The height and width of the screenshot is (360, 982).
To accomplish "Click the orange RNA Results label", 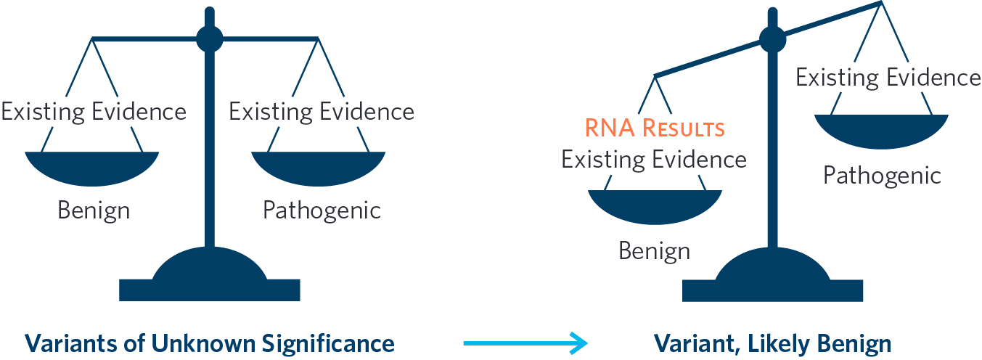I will (654, 129).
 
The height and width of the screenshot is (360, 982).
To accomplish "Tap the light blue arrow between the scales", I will (524, 343).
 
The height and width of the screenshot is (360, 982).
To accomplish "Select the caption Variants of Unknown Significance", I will (210, 343).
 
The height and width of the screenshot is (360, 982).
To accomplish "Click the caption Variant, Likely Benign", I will (772, 343).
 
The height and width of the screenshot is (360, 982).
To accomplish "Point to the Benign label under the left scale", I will (94, 211).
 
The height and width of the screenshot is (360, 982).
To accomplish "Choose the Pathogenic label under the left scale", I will (322, 211).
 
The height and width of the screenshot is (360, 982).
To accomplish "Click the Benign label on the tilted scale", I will (654, 250).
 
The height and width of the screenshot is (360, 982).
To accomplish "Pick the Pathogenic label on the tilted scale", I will (882, 175).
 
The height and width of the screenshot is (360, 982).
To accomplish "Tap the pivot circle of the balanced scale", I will (209, 38).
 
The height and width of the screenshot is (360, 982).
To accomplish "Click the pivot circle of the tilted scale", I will (772, 39).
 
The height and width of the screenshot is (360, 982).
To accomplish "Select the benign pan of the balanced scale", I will (92, 166).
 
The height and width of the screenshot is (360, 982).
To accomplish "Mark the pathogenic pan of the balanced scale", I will (319, 166).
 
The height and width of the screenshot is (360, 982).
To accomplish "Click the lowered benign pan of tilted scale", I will (654, 205).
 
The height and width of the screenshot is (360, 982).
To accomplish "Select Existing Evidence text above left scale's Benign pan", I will (94, 112).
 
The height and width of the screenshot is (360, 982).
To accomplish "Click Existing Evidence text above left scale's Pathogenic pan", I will (322, 112).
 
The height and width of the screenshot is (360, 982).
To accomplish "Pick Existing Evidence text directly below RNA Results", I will (654, 159).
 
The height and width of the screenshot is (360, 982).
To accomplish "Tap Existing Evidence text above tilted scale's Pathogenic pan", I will (888, 77).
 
